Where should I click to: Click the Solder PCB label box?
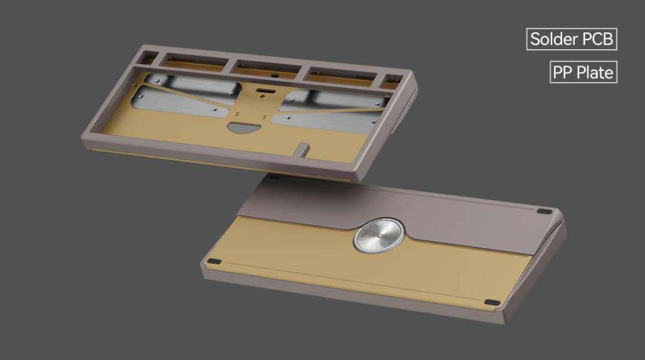[571, 40]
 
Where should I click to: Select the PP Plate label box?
[583, 72]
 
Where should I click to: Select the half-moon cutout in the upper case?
[240, 127]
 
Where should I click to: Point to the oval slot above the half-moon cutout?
[263, 92]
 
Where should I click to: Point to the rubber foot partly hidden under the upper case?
[273, 177]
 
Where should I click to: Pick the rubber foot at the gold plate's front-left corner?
[214, 262]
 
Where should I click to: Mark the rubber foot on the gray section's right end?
[544, 211]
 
